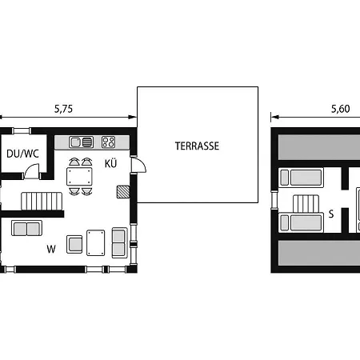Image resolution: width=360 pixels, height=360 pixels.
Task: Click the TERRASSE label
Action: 197,146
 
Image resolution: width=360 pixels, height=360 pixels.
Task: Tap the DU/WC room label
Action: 22,154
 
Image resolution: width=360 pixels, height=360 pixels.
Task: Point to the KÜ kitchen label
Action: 110,163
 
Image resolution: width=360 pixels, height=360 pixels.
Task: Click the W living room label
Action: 51,249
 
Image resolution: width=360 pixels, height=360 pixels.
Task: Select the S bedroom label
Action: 331,214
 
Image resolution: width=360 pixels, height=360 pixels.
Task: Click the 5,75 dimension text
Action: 63,109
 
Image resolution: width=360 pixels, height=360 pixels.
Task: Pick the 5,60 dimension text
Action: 340,109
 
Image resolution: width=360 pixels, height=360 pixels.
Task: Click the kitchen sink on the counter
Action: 81,142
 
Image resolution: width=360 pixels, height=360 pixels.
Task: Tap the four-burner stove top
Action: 108,142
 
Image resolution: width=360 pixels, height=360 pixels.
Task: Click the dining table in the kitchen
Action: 79,176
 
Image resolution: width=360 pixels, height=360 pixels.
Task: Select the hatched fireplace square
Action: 123,192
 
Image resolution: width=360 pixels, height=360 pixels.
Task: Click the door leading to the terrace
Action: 138,166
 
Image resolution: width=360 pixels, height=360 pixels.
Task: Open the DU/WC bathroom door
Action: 32,171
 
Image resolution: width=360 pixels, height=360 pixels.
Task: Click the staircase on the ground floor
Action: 42,202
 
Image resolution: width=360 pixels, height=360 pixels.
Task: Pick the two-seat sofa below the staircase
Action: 26,228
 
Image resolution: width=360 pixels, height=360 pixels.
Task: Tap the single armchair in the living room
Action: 74,244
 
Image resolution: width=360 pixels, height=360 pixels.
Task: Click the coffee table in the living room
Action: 96,242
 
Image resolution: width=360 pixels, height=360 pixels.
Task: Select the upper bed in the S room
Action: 301,178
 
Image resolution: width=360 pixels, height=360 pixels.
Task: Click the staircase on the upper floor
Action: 306,204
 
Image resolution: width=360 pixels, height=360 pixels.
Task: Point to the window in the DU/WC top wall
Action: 22,131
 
